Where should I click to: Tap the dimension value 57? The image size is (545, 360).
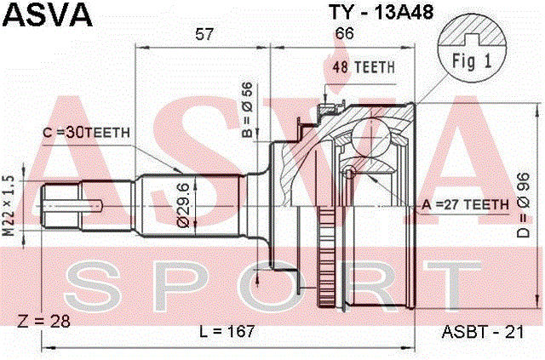(x=204, y=34)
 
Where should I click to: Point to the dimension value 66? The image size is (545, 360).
(x=344, y=34)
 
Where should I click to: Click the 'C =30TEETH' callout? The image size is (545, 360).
(x=86, y=132)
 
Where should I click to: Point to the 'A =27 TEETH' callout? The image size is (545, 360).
(x=466, y=203)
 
